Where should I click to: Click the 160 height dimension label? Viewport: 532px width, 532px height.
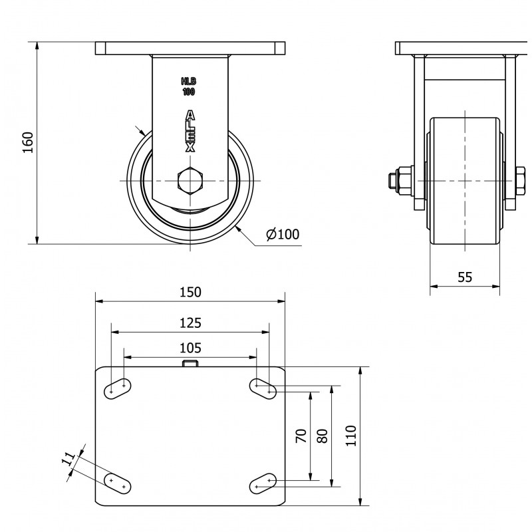pyautogui.click(x=28, y=142)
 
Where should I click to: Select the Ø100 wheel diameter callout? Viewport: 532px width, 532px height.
pyautogui.click(x=283, y=234)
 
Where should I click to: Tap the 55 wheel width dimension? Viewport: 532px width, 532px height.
pyautogui.click(x=465, y=277)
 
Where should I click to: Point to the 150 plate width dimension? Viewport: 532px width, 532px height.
pyautogui.click(x=190, y=292)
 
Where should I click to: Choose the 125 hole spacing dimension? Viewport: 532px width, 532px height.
pyautogui.click(x=190, y=323)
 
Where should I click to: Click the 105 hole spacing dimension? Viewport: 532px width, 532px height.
pyautogui.click(x=190, y=348)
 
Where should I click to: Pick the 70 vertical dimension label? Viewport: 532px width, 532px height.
pyautogui.click(x=301, y=436)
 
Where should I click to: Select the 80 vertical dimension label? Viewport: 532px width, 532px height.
pyautogui.click(x=323, y=436)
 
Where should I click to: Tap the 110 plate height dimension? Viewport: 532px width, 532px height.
pyautogui.click(x=351, y=436)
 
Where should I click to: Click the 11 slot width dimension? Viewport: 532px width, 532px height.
pyautogui.click(x=68, y=459)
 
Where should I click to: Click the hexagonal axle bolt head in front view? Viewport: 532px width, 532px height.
pyautogui.click(x=190, y=180)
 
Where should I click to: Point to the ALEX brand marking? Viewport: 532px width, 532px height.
pyautogui.click(x=190, y=131)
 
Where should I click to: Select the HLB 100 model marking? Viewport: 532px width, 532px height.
pyautogui.click(x=189, y=86)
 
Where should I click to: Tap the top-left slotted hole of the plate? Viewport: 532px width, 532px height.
pyautogui.click(x=118, y=389)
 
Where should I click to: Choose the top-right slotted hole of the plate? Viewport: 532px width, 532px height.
pyautogui.click(x=263, y=389)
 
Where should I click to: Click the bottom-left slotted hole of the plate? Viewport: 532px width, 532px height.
pyautogui.click(x=118, y=483)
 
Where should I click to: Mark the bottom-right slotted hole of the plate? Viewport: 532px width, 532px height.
pyautogui.click(x=263, y=483)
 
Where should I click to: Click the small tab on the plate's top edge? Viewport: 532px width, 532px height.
pyautogui.click(x=190, y=364)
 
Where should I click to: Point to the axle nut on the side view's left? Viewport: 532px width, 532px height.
pyautogui.click(x=401, y=180)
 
